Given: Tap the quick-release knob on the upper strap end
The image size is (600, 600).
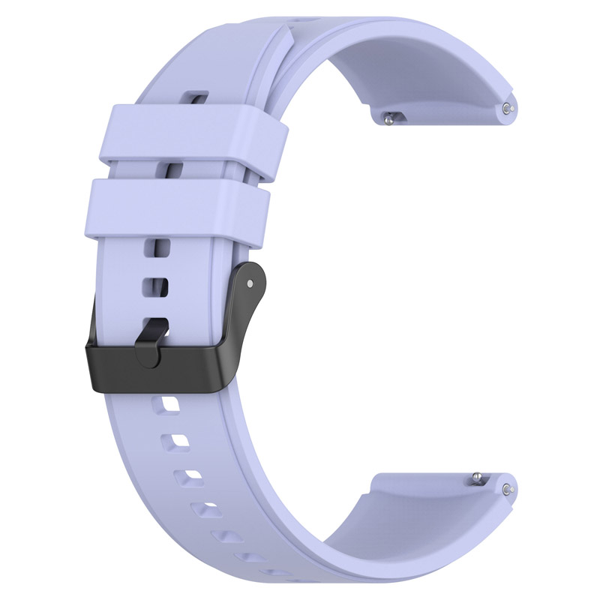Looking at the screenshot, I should click(x=390, y=116).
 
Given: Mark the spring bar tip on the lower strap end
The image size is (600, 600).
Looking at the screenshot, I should click(x=509, y=489).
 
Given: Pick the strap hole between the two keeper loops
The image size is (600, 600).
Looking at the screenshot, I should click(x=174, y=170).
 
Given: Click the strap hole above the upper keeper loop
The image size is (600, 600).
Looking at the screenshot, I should click(x=196, y=97).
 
